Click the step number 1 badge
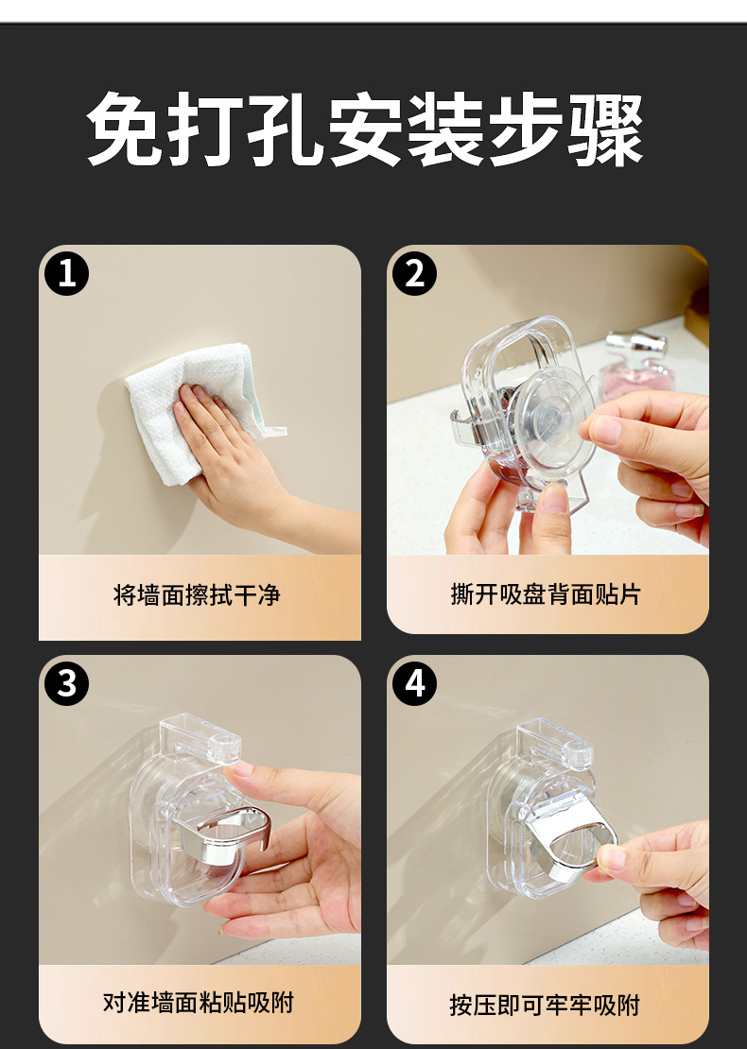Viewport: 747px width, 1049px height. click(67, 274)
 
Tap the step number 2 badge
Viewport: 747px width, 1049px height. click(415, 274)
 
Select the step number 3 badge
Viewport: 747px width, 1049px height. click(67, 683)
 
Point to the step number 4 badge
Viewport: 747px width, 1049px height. click(415, 683)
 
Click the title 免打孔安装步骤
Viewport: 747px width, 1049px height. click(366, 129)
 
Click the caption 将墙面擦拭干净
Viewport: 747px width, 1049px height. click(197, 594)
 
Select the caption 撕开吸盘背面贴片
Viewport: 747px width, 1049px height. click(546, 593)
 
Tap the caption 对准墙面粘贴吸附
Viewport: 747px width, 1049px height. click(199, 1002)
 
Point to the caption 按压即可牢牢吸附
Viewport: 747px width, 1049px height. click(545, 1005)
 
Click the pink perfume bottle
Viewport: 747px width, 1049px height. click(635, 374)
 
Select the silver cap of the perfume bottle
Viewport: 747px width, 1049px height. click(635, 345)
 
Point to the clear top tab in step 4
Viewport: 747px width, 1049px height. click(556, 743)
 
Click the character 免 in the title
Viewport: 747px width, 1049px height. click(125, 129)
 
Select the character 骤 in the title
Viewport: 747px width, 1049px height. click(606, 129)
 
